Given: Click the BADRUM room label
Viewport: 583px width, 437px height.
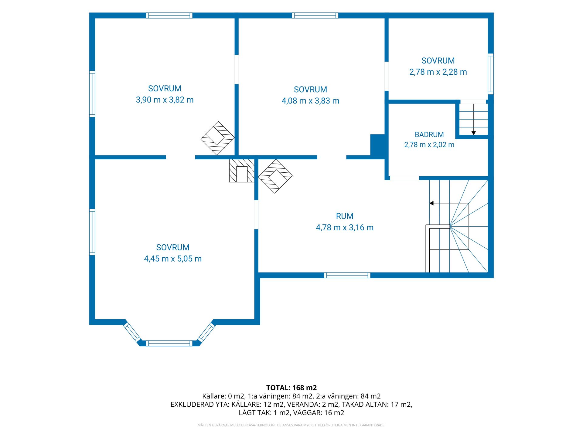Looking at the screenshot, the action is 429,134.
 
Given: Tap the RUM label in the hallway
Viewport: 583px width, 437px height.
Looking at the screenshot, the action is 345,216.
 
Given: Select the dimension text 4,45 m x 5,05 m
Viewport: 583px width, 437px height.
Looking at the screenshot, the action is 173,259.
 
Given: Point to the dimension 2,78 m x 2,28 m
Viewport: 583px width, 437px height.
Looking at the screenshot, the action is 438,72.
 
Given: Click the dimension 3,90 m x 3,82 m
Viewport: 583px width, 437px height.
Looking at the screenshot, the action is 165,100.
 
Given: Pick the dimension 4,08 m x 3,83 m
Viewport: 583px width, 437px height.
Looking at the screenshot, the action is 310,101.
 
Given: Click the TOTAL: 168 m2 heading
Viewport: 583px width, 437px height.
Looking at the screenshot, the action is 291,388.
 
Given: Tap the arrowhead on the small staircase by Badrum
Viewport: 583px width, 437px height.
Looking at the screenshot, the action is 473,133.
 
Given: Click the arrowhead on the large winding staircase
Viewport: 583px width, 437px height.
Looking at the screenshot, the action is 431,203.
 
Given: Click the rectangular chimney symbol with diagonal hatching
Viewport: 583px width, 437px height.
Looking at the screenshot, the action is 242,171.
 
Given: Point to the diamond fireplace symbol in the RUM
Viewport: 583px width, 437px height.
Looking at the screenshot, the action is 275,176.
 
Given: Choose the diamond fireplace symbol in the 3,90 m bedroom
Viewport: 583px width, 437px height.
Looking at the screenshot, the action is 217,138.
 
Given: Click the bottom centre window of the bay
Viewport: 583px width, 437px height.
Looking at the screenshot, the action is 169,344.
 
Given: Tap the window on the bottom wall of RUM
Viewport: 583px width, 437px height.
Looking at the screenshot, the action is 347,275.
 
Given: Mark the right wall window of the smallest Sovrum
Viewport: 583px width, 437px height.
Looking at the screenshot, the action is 491,74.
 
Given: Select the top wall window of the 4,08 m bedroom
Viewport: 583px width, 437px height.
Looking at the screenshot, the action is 315,15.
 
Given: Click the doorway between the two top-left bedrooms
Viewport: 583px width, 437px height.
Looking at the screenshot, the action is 237,69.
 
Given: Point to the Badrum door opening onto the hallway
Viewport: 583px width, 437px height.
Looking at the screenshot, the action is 404,178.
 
